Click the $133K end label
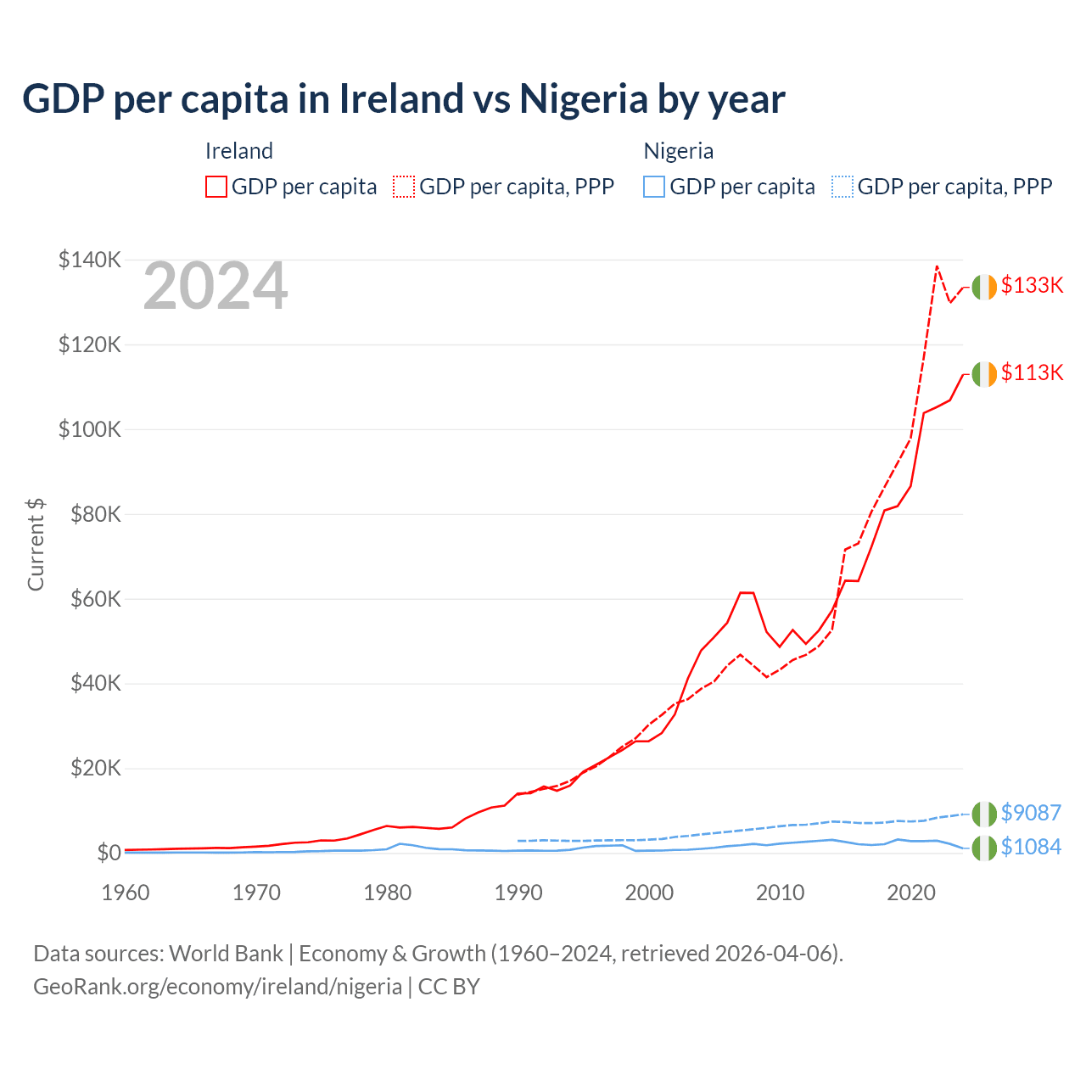[1032, 285]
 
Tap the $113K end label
[1032, 372]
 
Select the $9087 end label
[1031, 813]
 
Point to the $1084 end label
[1031, 847]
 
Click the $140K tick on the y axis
[90, 260]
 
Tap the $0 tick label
[109, 853]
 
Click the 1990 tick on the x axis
[518, 893]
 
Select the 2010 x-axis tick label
[780, 893]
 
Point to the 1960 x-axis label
[126, 893]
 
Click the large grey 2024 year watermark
[216, 287]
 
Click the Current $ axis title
[36, 545]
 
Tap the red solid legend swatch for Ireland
[216, 187]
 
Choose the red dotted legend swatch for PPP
[404, 187]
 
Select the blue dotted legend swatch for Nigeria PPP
[842, 187]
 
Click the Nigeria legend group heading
[678, 151]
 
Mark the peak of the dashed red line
[937, 266]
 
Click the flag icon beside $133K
[983, 288]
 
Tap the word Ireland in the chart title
[401, 99]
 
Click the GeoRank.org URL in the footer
[217, 987]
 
